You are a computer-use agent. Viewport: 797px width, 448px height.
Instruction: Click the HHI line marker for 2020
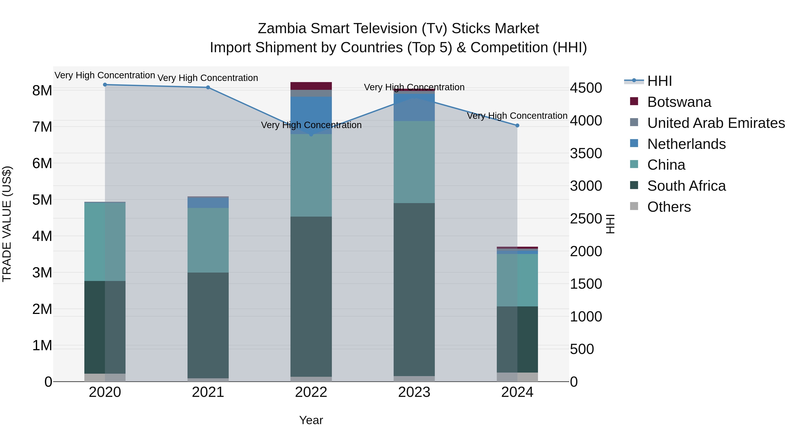[105, 85]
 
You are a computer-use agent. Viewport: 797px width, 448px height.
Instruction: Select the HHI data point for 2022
[311, 135]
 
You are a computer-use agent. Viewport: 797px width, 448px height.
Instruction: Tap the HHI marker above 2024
[517, 125]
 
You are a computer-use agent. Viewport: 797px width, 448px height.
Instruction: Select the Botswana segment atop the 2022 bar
[311, 86]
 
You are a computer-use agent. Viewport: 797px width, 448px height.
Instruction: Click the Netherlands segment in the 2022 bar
[311, 115]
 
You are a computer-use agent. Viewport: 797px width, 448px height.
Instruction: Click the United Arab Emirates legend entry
[716, 123]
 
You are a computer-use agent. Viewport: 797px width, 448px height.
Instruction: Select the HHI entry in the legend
[659, 81]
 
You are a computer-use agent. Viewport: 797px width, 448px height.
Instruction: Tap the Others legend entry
[669, 207]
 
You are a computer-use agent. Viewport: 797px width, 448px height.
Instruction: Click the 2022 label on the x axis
[311, 392]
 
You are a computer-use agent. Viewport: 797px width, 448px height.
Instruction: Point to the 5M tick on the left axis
[42, 200]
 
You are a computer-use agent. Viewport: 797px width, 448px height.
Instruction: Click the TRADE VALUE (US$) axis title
[7, 224]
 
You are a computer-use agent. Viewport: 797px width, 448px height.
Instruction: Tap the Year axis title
[311, 420]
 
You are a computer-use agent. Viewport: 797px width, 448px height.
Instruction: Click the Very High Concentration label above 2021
[208, 78]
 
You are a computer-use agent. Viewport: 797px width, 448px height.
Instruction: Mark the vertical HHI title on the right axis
[610, 224]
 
